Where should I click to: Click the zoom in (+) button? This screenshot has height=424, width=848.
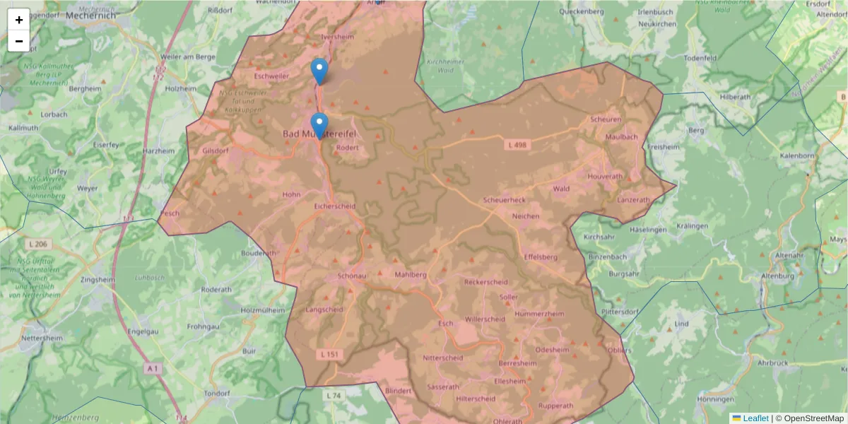(x=19, y=20)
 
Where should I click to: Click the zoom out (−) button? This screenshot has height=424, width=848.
(x=19, y=41)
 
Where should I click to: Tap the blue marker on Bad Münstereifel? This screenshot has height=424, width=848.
(x=319, y=126)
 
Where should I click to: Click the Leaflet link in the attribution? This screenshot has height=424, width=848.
(x=755, y=418)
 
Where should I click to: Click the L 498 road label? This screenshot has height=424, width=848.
(x=517, y=144)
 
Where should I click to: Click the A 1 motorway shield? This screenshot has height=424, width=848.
(x=153, y=369)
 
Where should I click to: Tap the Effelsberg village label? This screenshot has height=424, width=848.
(x=541, y=257)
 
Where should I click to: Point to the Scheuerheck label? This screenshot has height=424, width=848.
(x=504, y=201)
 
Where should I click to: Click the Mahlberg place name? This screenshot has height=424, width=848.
(x=411, y=274)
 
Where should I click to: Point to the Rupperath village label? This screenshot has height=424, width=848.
(x=555, y=406)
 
